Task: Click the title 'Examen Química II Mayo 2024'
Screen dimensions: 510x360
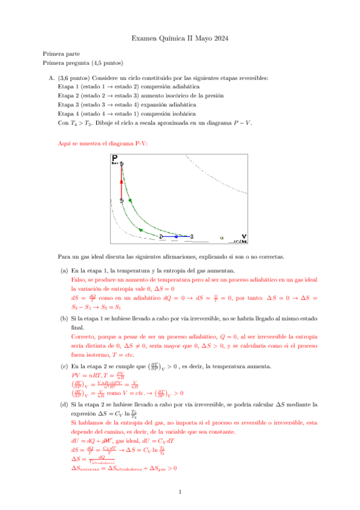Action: [180, 39]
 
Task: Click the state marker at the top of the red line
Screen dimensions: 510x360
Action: [121, 164]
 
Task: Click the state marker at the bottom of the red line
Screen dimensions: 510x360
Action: [121, 200]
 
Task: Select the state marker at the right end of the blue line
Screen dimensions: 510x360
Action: [191, 237]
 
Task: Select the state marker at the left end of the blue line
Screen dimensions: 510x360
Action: [161, 237]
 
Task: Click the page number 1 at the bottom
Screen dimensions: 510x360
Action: [180, 493]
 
